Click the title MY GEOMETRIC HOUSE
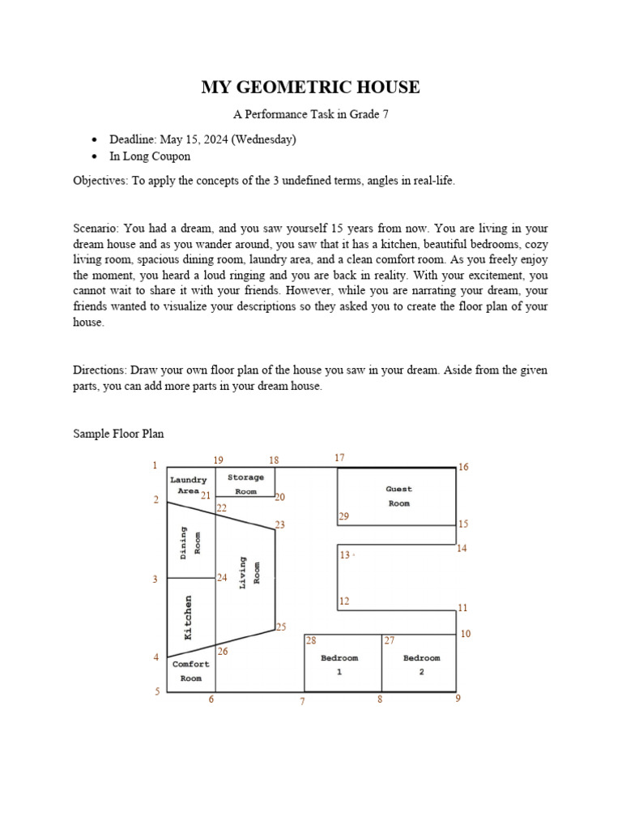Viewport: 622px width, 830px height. click(310, 88)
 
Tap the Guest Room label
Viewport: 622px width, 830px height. click(398, 496)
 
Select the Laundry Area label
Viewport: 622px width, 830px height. click(188, 486)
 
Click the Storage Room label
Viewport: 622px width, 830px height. click(245, 484)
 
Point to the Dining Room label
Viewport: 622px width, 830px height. click(190, 541)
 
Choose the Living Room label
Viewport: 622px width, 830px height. click(249, 572)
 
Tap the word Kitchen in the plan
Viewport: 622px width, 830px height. click(189, 618)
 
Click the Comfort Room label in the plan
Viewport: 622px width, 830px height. click(191, 671)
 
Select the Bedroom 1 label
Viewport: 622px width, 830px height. click(339, 665)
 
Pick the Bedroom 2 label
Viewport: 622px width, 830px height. click(421, 665)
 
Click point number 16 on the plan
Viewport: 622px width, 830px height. click(463, 467)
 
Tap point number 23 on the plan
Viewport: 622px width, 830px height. click(280, 525)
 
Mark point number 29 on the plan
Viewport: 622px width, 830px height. click(343, 516)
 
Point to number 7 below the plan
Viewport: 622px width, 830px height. click(302, 701)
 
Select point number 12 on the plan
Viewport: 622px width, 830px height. click(344, 601)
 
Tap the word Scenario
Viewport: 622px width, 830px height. click(96, 229)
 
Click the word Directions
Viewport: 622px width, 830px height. click(99, 370)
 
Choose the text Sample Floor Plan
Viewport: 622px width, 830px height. click(118, 434)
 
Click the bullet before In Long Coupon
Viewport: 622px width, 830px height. click(96, 156)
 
